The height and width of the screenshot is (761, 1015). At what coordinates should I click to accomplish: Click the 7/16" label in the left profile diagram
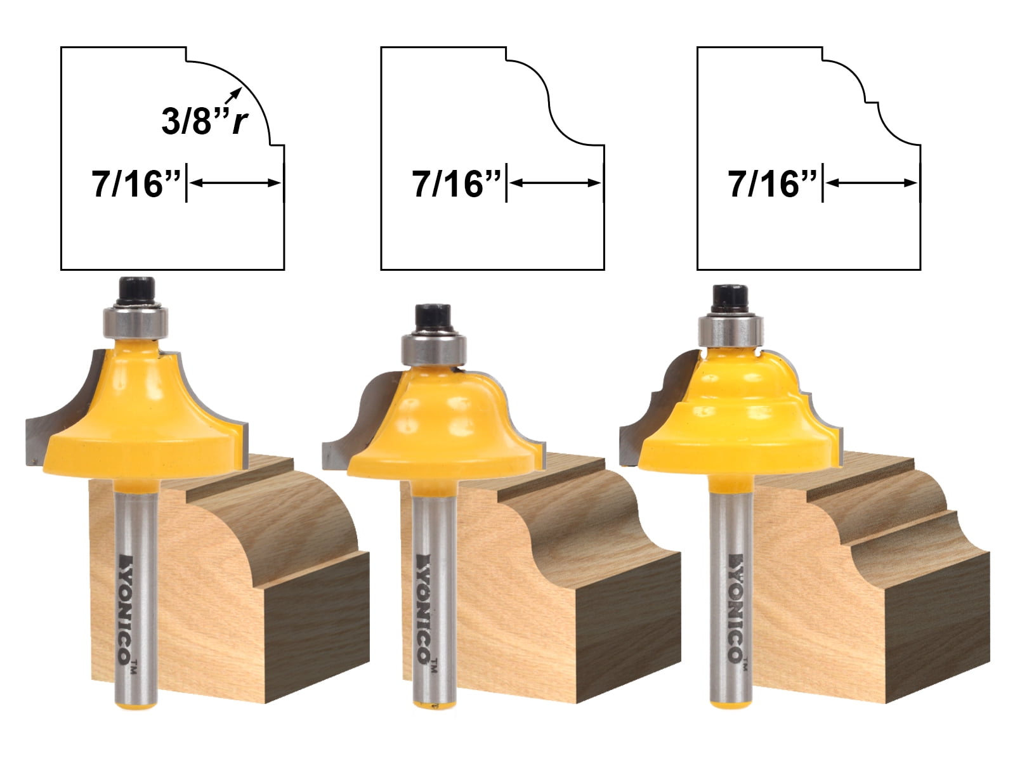[x=136, y=184]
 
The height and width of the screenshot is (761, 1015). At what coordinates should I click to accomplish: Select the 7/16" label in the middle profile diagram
[x=457, y=184]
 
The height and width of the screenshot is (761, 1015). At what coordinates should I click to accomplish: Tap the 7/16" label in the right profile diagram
[x=773, y=184]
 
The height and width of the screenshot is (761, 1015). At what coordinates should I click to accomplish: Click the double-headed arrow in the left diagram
[x=235, y=183]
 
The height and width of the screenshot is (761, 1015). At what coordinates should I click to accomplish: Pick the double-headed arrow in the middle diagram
[x=555, y=183]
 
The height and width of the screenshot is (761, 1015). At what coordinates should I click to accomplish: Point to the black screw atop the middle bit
[x=433, y=315]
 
